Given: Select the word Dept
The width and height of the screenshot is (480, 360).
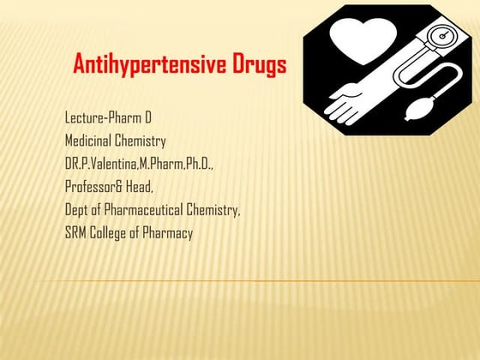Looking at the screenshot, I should click(x=76, y=209).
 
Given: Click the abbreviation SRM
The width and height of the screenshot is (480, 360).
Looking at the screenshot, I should click(x=75, y=232).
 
